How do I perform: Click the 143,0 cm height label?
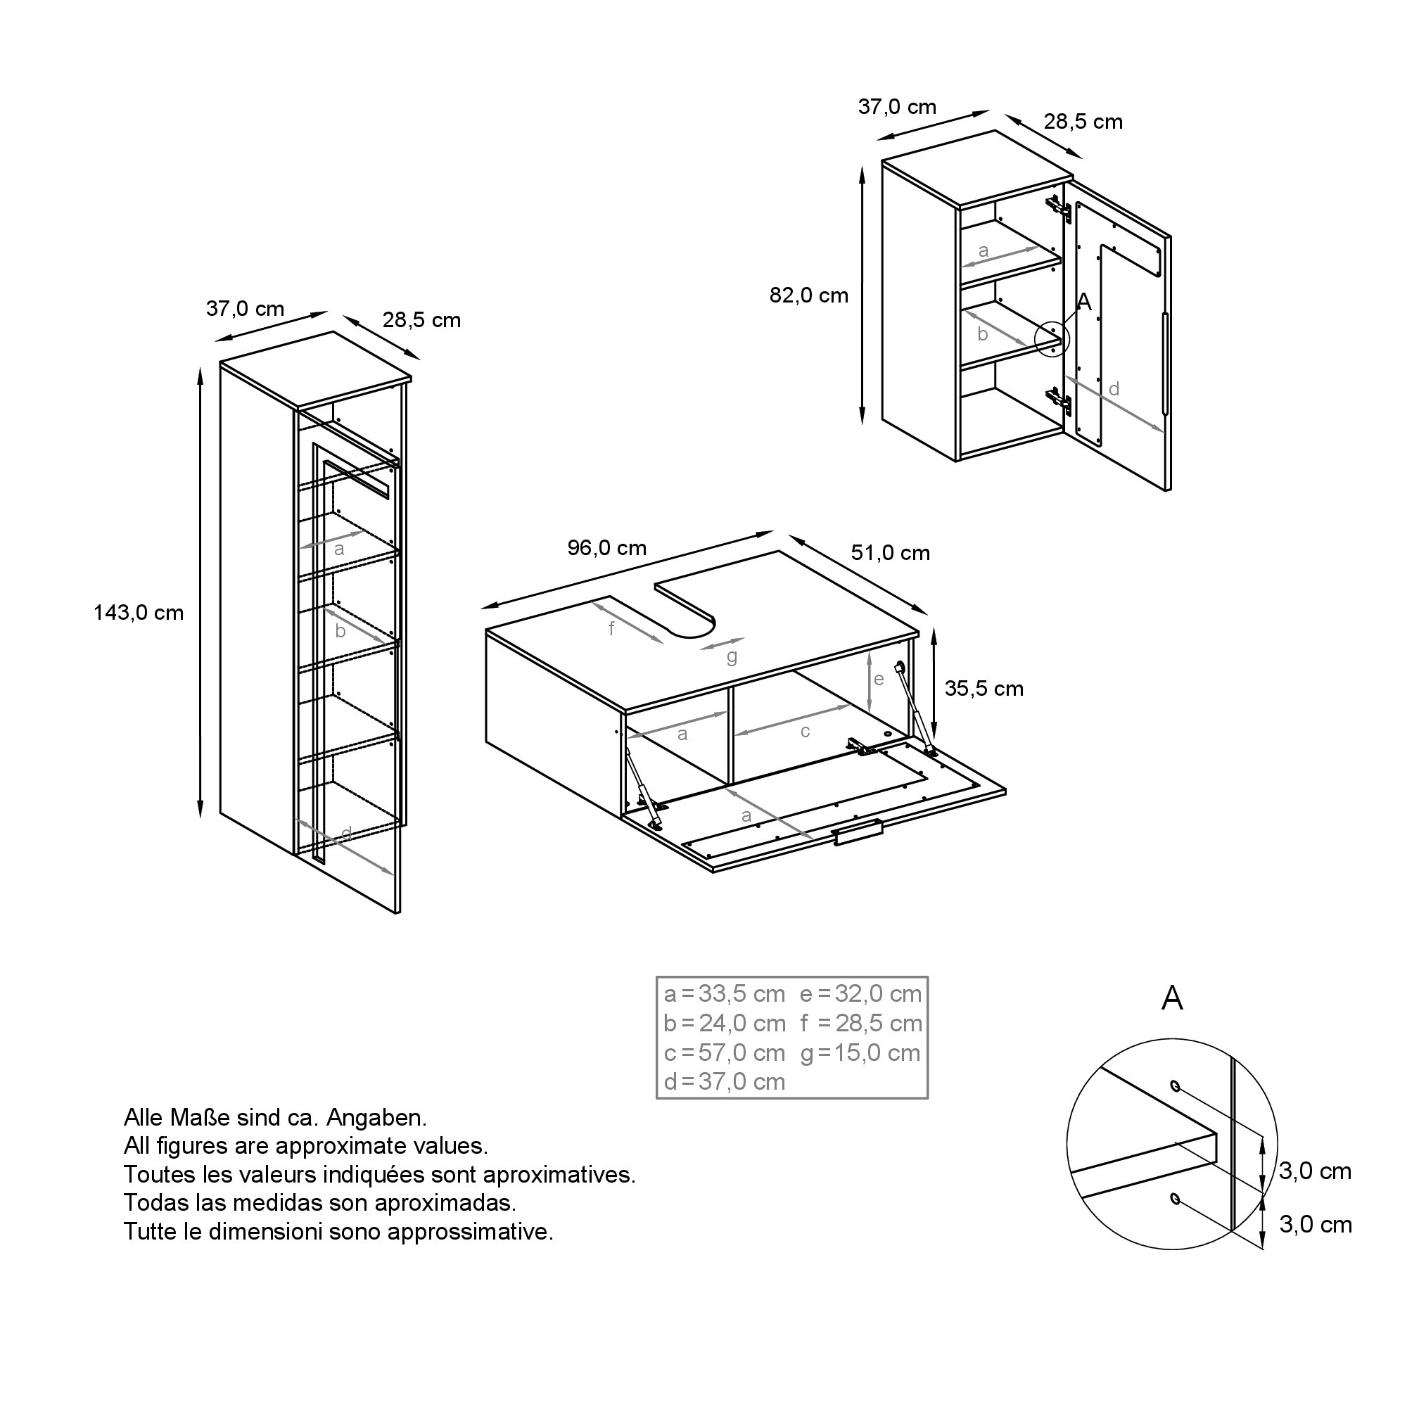coord(139,613)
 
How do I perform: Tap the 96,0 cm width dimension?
coord(606,547)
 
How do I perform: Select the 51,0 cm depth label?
coord(891,553)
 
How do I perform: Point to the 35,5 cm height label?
coord(984,688)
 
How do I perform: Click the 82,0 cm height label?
coord(809,295)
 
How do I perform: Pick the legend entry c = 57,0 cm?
coord(725,1053)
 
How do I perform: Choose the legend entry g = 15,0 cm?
coord(861,1053)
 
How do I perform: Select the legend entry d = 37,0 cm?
coord(725,1081)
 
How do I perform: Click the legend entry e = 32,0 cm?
coord(861,993)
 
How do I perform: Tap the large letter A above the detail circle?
coord(1172,998)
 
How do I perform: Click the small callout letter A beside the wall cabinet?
coord(1084,302)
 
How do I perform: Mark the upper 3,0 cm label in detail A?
coord(1316,1172)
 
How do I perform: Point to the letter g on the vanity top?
coord(732,657)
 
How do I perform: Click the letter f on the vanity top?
coord(612,628)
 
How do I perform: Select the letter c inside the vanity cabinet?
coord(805,731)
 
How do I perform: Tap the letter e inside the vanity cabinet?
coord(878,680)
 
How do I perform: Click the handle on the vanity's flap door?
coord(858,832)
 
